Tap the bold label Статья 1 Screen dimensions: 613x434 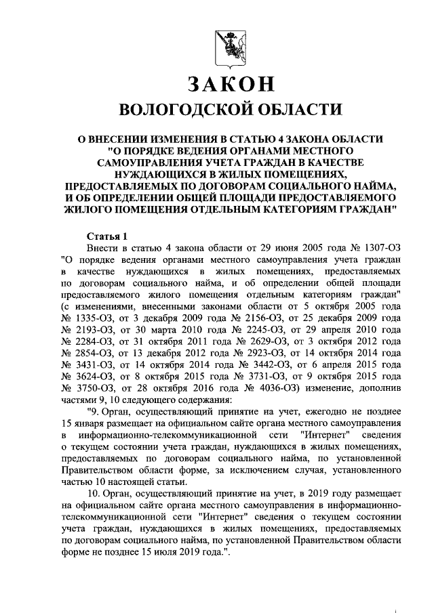[107, 236]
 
